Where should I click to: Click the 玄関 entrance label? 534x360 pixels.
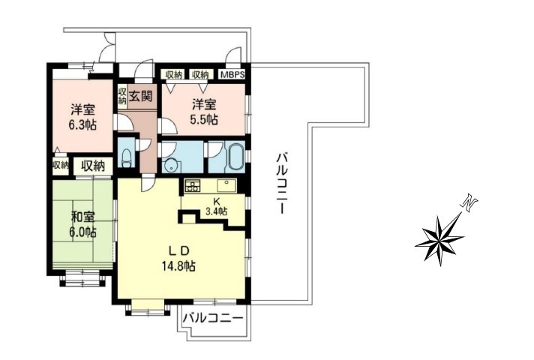[x=140, y=97]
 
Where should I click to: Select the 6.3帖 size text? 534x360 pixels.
[x=82, y=125]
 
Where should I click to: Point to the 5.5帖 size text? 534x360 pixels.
[x=204, y=119]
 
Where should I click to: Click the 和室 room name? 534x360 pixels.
[x=82, y=217]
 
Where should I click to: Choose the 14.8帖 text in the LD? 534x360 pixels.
[x=178, y=265]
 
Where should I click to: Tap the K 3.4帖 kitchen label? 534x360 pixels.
[x=217, y=206]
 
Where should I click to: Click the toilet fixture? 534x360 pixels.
[x=126, y=158]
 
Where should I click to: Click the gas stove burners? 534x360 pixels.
[x=193, y=186]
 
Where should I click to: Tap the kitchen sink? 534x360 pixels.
[x=226, y=185]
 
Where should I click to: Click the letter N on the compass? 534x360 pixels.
[x=469, y=203]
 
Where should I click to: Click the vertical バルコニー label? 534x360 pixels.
[x=280, y=184]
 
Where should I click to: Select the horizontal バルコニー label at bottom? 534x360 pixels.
[x=213, y=319]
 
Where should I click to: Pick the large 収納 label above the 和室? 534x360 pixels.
[x=93, y=166]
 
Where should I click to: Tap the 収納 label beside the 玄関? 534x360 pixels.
[x=122, y=96]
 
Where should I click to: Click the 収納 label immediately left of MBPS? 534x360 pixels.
[x=200, y=74]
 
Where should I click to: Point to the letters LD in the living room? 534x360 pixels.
[x=178, y=250]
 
